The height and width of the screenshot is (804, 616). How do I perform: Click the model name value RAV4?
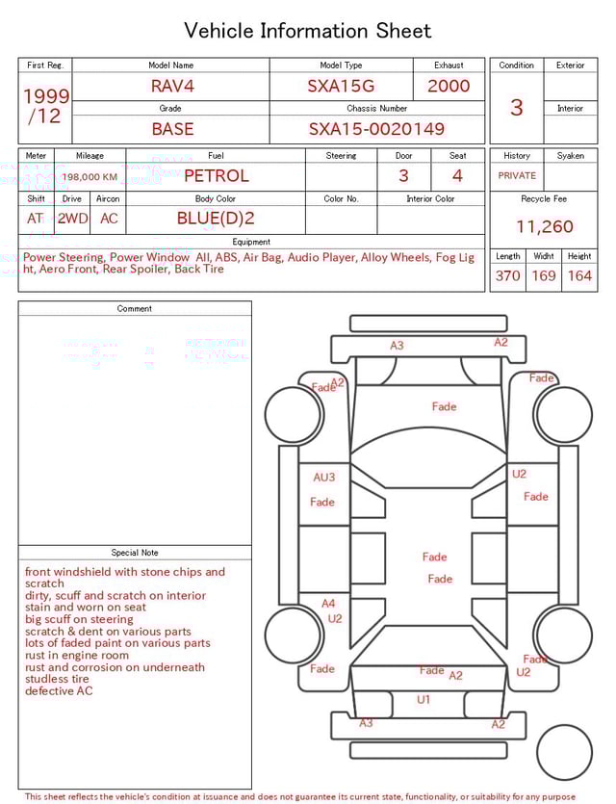coord(172,86)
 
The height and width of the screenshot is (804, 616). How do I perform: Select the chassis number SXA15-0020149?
coord(376,129)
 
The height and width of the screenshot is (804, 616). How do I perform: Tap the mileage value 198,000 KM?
coord(90,177)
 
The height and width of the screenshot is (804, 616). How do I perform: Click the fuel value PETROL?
coord(216,176)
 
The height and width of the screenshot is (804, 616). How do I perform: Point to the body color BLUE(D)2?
coord(216,219)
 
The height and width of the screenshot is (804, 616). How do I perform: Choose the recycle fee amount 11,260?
coord(544,227)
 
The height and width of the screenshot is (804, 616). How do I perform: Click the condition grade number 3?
coord(516,107)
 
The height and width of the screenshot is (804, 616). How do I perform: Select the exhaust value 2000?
coord(449,86)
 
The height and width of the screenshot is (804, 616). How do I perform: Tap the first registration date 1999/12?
coord(45,106)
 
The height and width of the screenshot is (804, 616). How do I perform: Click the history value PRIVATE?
coord(517,176)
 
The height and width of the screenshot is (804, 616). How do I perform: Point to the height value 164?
coord(579,276)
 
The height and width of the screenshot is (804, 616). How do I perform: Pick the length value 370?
coord(507,276)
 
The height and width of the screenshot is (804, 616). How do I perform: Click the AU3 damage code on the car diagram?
coord(324,478)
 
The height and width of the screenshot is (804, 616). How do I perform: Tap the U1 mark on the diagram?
coord(423,700)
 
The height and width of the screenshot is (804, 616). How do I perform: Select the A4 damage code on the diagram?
coord(328,605)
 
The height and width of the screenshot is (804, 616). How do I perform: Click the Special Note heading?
coord(135,553)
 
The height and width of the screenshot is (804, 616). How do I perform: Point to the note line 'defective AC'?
coord(59,691)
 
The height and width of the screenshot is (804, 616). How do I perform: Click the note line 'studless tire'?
coord(57,679)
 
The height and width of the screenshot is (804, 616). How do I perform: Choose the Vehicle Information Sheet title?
coord(308,31)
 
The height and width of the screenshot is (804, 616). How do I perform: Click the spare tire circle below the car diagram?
coord(564,752)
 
